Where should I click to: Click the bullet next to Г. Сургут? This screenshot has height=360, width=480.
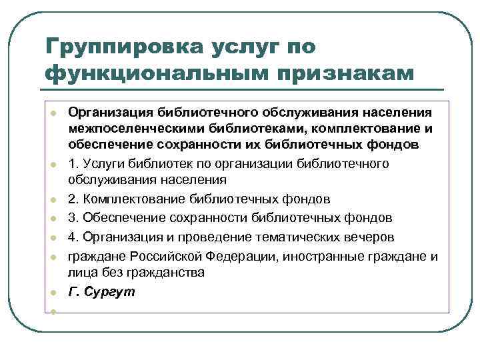click(x=51, y=293)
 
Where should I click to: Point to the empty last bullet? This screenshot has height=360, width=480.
click(x=51, y=311)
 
